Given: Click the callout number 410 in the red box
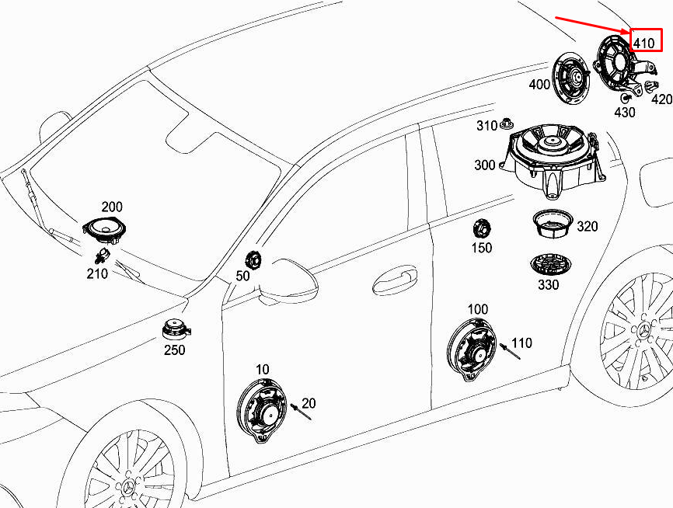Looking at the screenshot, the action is pyautogui.click(x=643, y=43).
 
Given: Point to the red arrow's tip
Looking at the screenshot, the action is pyautogui.click(x=629, y=33).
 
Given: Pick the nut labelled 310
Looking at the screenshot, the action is pyautogui.click(x=506, y=125).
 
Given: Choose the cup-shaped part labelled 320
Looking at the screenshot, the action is pyautogui.click(x=553, y=223).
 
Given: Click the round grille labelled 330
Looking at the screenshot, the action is pyautogui.click(x=552, y=266).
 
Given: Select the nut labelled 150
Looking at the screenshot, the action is pyautogui.click(x=481, y=228).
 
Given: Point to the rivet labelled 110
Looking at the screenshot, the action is pyautogui.click(x=511, y=351).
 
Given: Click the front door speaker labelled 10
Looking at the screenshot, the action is pyautogui.click(x=262, y=411).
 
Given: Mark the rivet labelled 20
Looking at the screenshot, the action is pyautogui.click(x=301, y=412).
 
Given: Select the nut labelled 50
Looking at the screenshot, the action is pyautogui.click(x=253, y=260).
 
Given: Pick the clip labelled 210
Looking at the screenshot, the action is pyautogui.click(x=102, y=256).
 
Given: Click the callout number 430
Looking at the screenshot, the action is pyautogui.click(x=625, y=113).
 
